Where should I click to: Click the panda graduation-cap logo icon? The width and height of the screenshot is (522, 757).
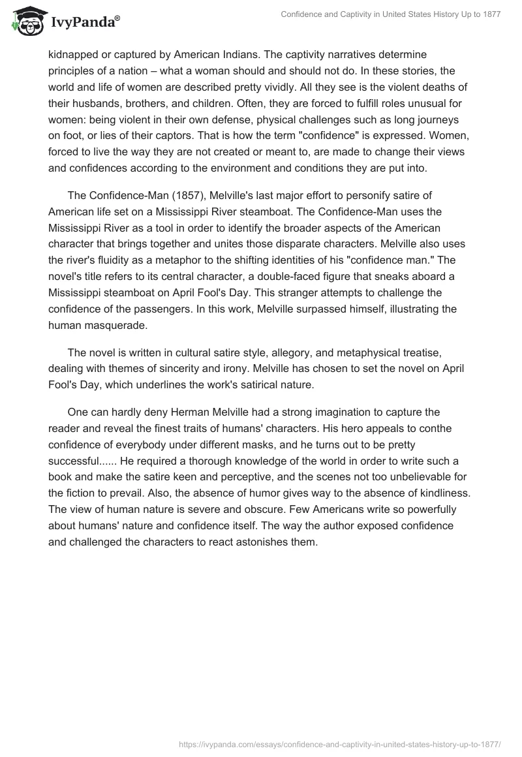pos(25,22)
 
